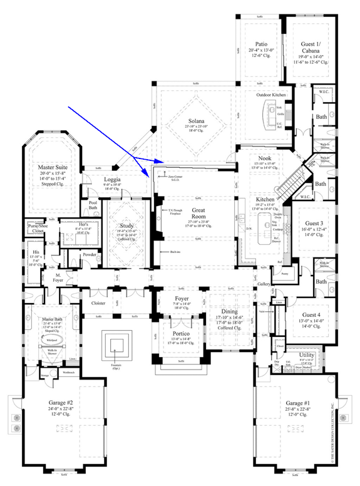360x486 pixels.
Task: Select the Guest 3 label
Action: click(x=314, y=224)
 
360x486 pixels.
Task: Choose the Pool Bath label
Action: click(x=93, y=205)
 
